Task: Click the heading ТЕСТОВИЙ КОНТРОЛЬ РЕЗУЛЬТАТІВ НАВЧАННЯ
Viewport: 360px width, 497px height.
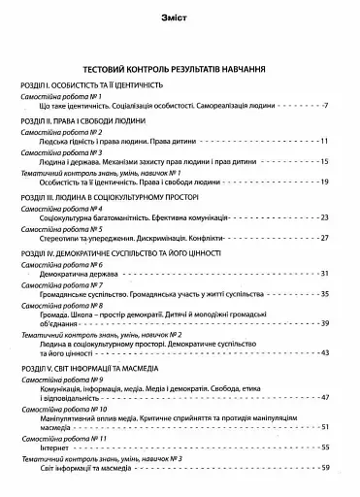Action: [180, 71]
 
